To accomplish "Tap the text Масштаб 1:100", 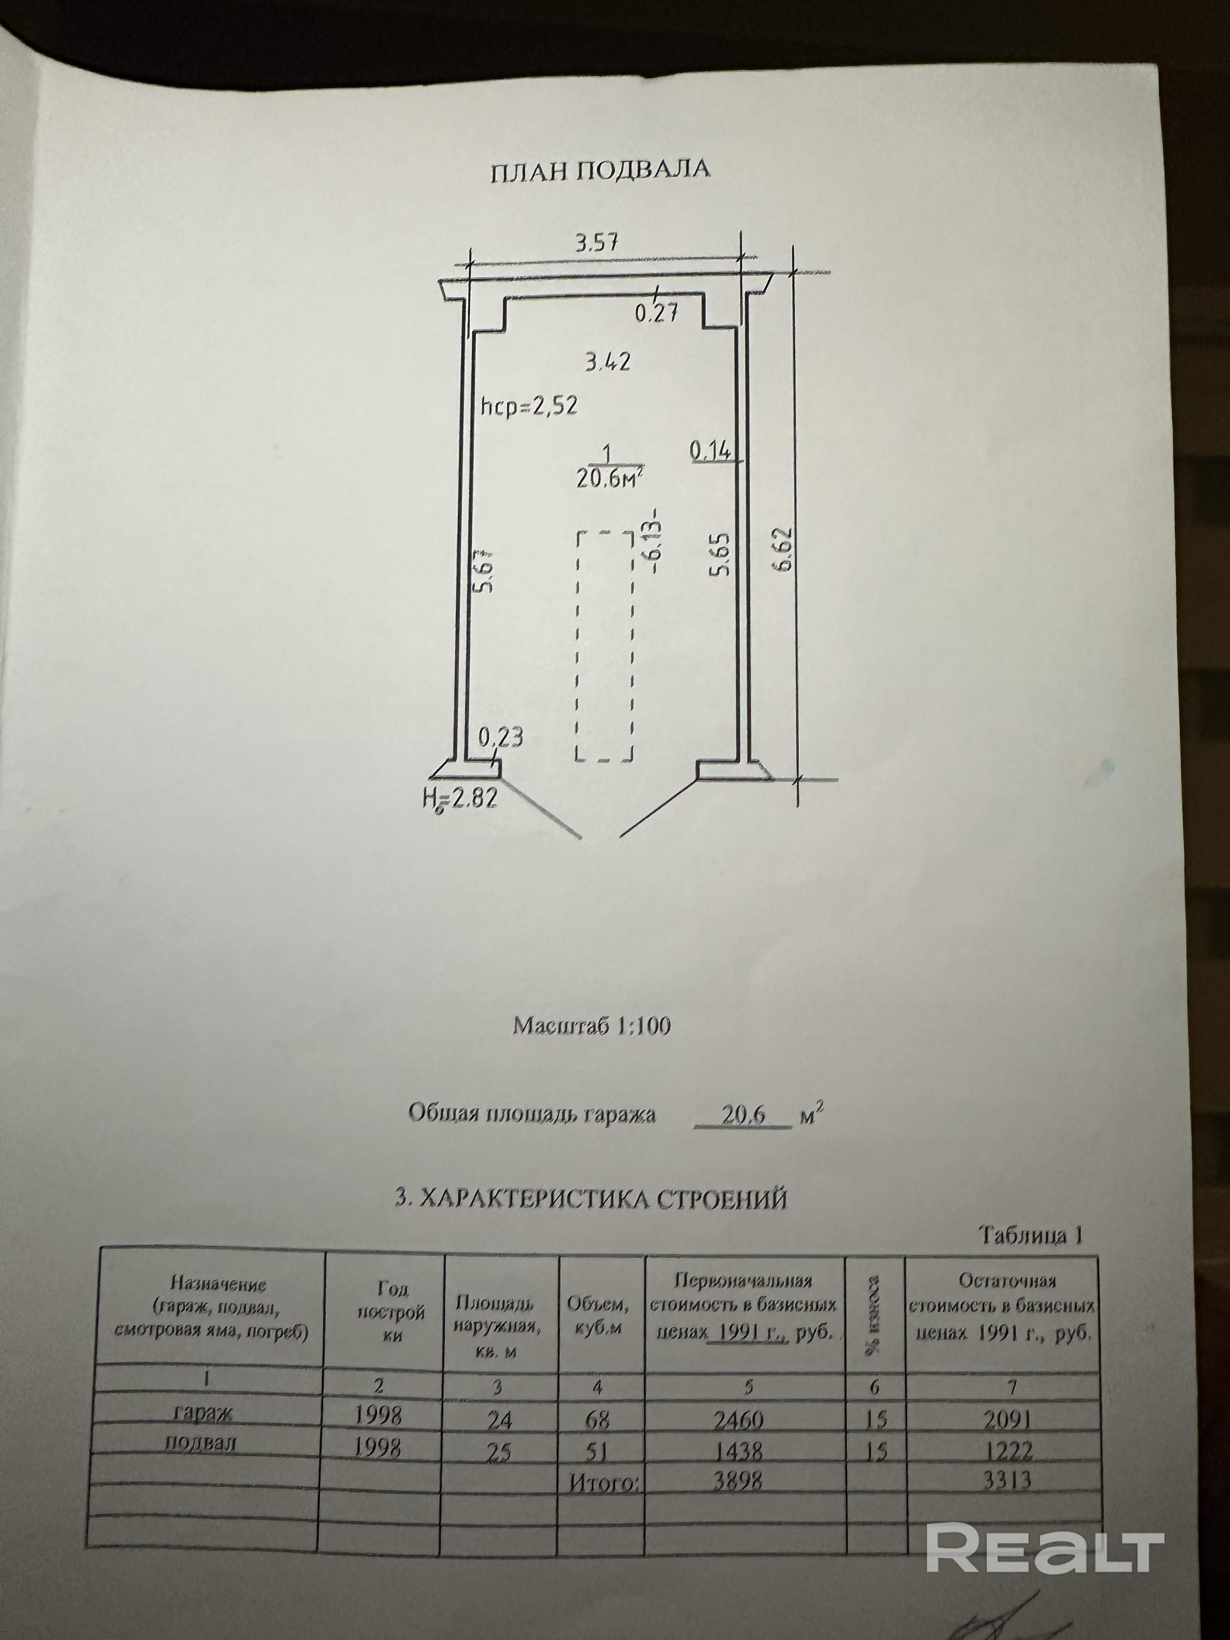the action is [x=592, y=1025].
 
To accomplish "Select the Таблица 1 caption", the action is [x=1031, y=1235].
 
